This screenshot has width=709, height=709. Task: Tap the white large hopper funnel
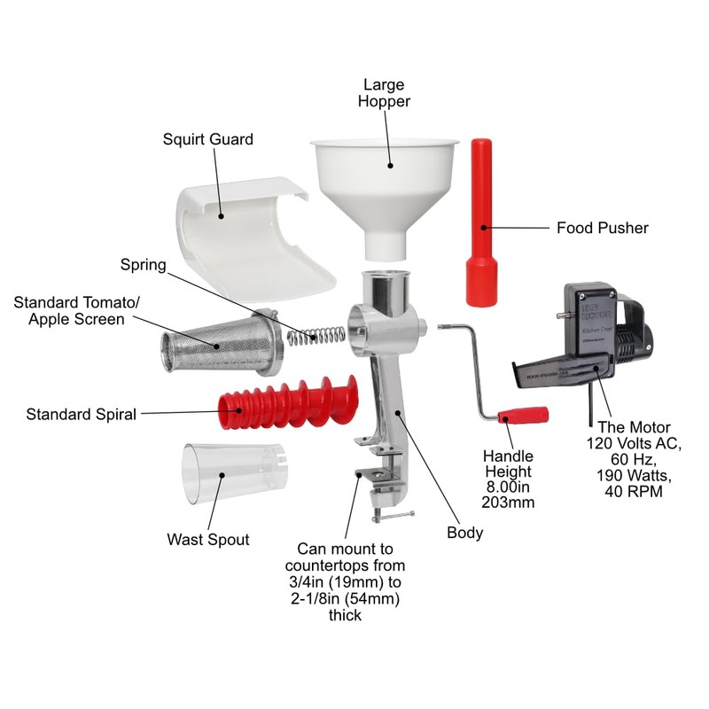coord(383,177)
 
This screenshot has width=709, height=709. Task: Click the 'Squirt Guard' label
coord(207,139)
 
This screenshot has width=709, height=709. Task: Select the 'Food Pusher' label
coord(602,228)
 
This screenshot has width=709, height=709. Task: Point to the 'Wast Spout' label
coord(207,539)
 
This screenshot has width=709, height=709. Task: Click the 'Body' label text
coord(465,533)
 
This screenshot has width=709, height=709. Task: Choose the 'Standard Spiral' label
coord(81,414)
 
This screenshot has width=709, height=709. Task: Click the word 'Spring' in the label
coord(144,265)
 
